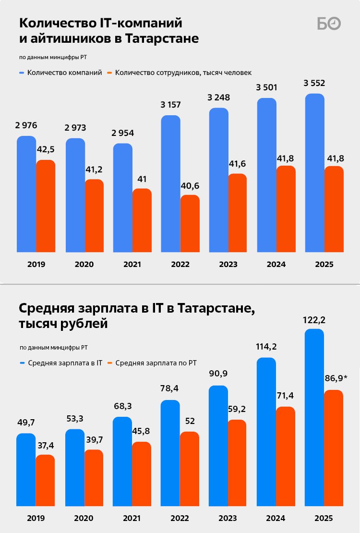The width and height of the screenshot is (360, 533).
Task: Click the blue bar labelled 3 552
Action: coord(315,173)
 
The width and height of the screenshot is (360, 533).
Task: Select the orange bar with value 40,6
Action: coord(190,223)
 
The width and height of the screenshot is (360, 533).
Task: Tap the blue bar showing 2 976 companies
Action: coord(26,194)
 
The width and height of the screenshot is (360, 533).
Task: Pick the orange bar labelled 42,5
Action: coord(46,206)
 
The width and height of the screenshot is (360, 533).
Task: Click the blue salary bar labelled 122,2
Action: coord(314,417)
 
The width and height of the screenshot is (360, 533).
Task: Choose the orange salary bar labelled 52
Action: coord(190,468)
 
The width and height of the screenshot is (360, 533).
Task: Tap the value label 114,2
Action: coord(266,347)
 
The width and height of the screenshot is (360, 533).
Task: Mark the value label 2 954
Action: coord(122,133)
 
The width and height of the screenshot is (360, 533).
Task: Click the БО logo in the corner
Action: coord(329,23)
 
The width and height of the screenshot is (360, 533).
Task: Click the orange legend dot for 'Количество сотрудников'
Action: coord(109,73)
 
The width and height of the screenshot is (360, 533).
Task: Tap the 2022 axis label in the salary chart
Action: coord(180,519)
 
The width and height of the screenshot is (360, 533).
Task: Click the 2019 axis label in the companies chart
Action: coord(36,264)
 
